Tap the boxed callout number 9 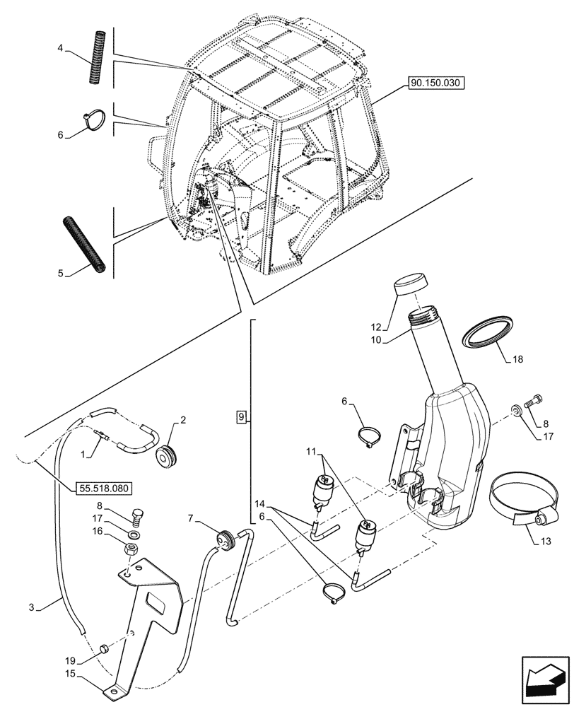242,417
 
